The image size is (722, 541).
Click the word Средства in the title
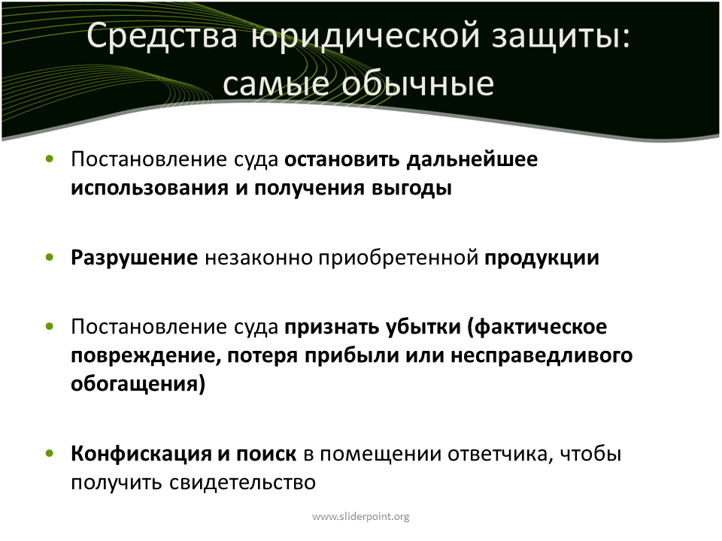tap(162, 36)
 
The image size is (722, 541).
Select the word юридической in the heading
tap(366, 37)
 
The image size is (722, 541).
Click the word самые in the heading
tap(276, 85)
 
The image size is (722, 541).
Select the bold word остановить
tap(341, 159)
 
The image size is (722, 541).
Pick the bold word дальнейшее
tap(472, 160)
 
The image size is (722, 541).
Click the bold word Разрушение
tap(135, 258)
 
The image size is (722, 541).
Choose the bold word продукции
tap(542, 258)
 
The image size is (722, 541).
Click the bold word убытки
tap(423, 326)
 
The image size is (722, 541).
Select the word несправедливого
tap(541, 356)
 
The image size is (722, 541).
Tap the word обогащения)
tap(138, 384)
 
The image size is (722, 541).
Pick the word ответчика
tap(501, 455)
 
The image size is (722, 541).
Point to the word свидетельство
tap(242, 482)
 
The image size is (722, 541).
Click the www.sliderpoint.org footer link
tap(360, 517)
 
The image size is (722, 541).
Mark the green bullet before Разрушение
tap(50, 258)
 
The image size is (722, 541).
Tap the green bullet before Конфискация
tap(50, 454)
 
